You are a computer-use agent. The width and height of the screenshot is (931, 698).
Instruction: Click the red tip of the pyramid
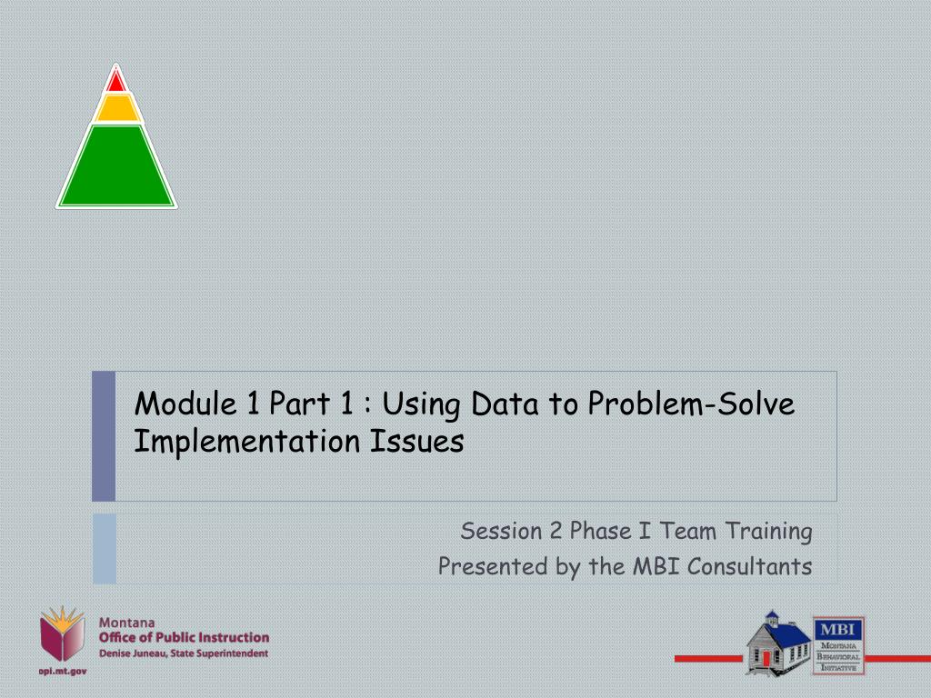[115, 82]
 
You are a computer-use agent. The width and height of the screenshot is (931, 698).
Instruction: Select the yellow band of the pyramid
[116, 108]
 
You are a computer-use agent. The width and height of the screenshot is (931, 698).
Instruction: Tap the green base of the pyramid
[116, 168]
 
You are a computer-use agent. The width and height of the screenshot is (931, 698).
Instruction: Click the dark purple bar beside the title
[104, 436]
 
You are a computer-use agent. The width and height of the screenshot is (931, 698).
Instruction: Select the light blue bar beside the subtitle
[104, 548]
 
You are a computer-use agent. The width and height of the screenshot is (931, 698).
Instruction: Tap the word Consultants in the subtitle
[749, 566]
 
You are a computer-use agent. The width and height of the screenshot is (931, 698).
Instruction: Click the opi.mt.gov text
[63, 671]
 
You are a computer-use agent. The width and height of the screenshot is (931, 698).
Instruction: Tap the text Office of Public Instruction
[184, 637]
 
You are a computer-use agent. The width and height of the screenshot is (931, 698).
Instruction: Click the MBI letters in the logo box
[837, 628]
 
